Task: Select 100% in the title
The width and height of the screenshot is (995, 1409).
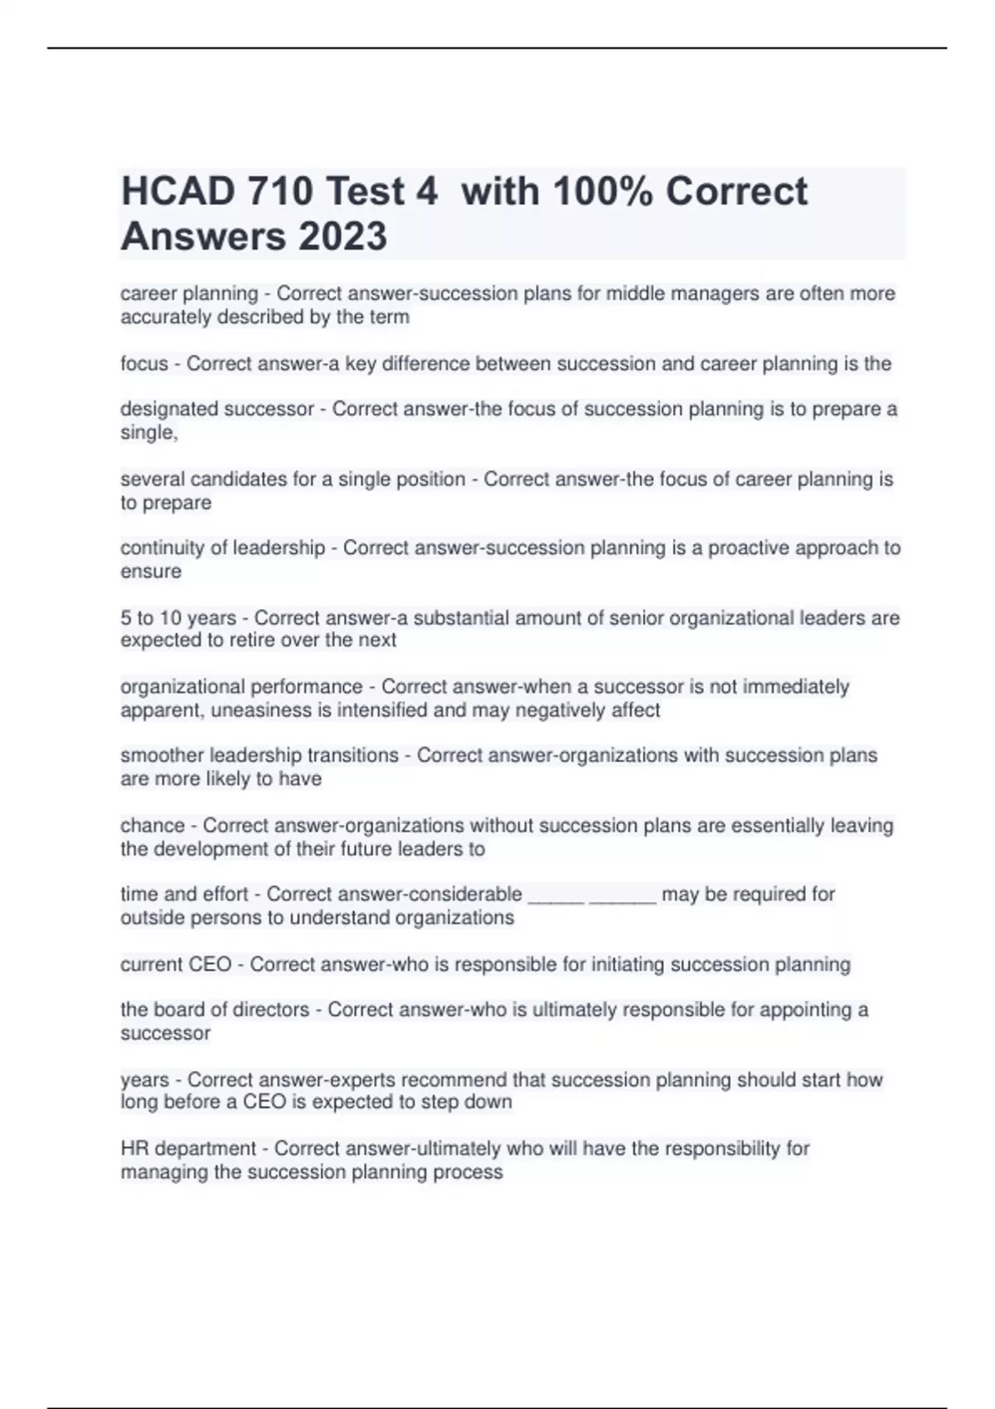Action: tap(603, 191)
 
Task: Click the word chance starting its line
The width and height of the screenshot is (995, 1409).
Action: tap(153, 826)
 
